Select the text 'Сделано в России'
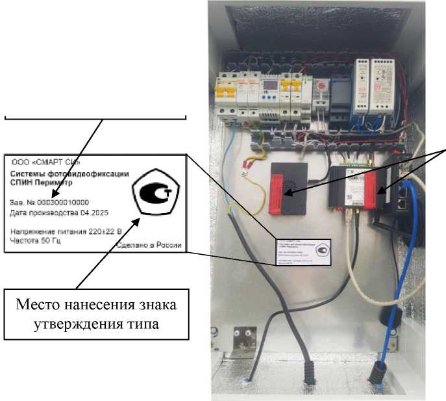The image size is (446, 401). click(149, 246)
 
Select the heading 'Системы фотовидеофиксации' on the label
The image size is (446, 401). click(69, 174)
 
